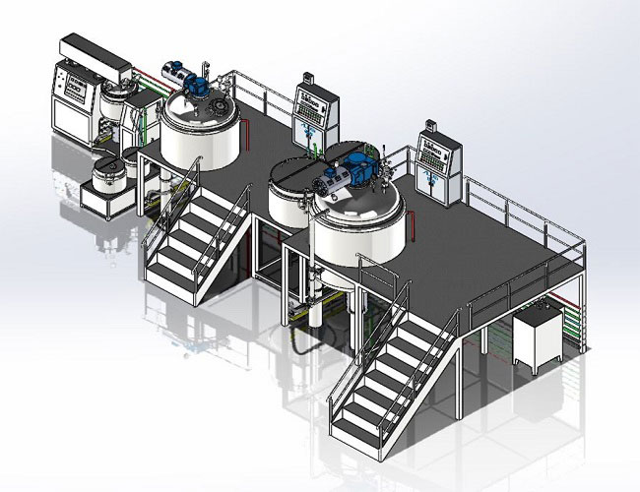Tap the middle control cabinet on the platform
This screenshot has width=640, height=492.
tap(312, 117)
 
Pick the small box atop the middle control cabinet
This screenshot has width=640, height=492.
tap(308, 76)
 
